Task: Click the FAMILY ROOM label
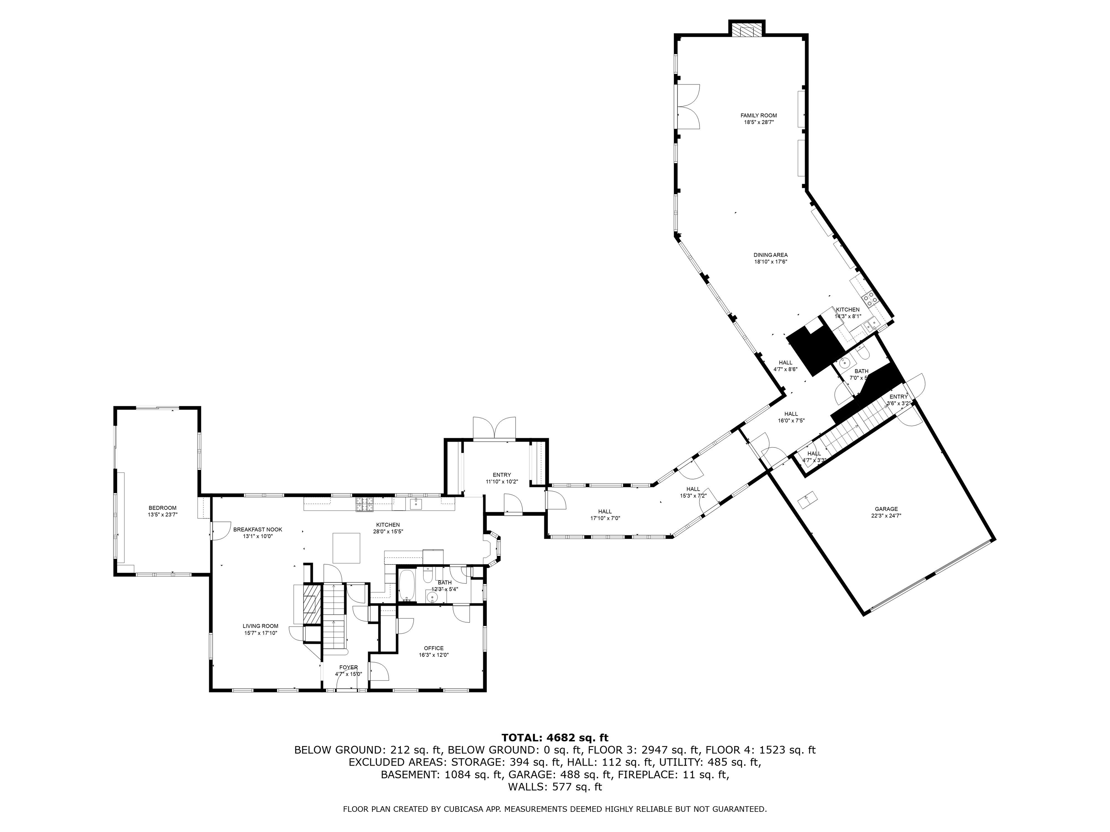(x=758, y=115)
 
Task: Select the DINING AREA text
(x=770, y=255)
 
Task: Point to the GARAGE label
(x=886, y=509)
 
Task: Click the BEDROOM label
(x=163, y=508)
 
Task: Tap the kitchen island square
(x=347, y=548)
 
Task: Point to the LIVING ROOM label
(x=261, y=626)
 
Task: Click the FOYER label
(x=348, y=667)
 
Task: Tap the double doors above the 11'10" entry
(x=494, y=429)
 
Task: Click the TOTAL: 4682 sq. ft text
(x=555, y=738)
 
